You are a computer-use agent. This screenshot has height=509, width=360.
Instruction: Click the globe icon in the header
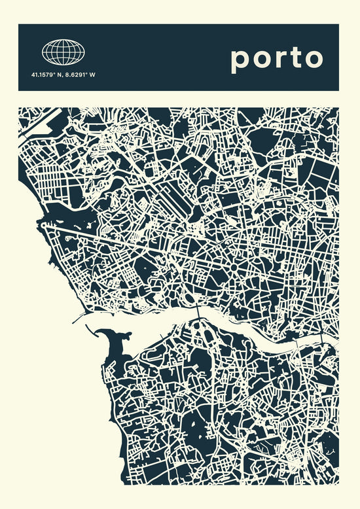(x=64, y=51)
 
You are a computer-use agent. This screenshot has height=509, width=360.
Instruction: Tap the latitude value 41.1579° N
(x=46, y=75)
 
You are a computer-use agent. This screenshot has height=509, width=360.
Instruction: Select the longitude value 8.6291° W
(x=80, y=75)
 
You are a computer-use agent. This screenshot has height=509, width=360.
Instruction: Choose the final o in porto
(x=313, y=58)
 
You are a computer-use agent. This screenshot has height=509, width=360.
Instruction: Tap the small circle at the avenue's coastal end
(x=44, y=223)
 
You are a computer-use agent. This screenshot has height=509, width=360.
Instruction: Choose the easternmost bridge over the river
(x=321, y=340)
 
